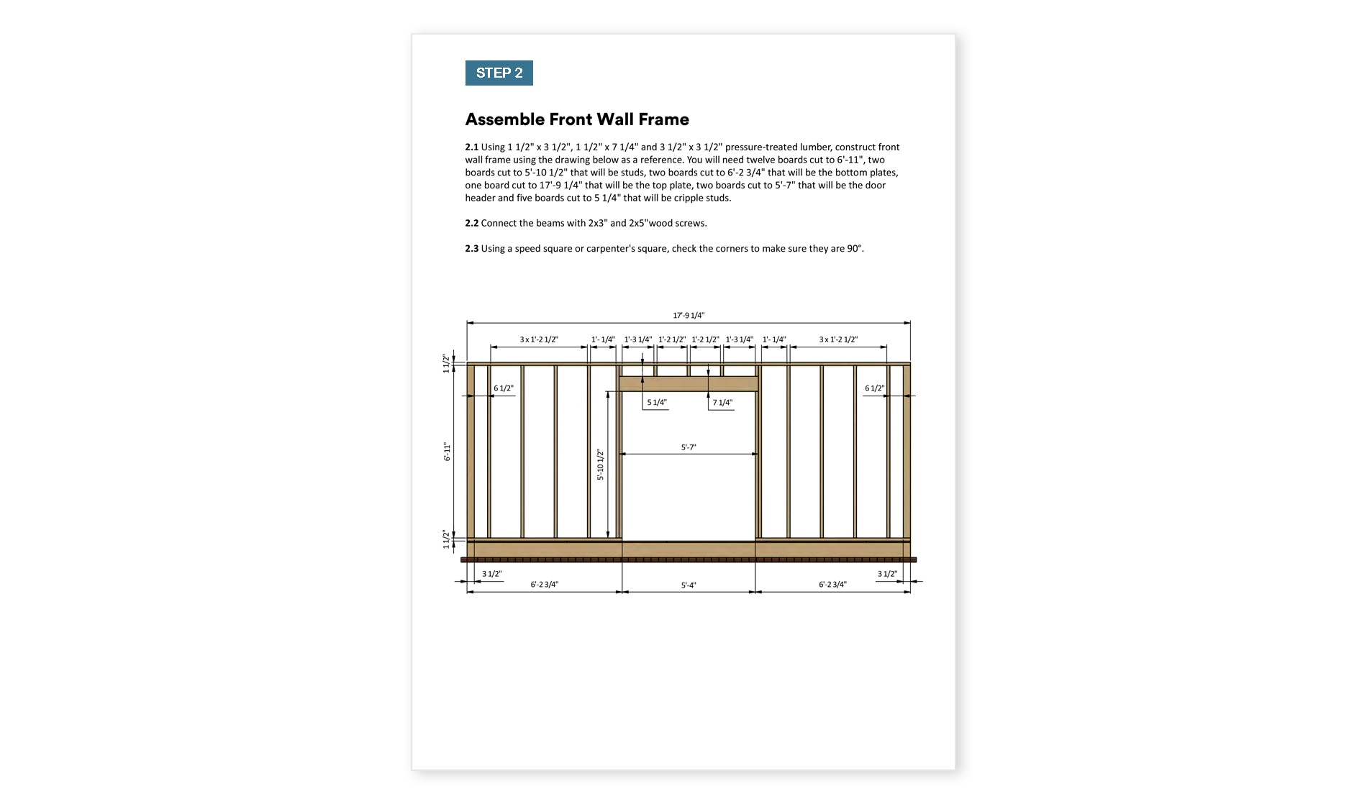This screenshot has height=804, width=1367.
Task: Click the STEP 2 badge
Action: pyautogui.click(x=499, y=73)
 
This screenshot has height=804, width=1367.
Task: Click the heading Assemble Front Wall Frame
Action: pyautogui.click(x=577, y=119)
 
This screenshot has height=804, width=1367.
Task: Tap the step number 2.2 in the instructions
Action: pyautogui.click(x=471, y=224)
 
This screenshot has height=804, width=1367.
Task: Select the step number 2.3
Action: pyautogui.click(x=471, y=249)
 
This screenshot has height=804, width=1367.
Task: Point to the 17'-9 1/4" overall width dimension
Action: pyautogui.click(x=689, y=316)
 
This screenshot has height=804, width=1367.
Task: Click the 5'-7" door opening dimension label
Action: pyautogui.click(x=689, y=447)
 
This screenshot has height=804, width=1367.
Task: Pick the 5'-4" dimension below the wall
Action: pyautogui.click(x=689, y=585)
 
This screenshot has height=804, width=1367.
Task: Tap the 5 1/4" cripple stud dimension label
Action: pyautogui.click(x=657, y=403)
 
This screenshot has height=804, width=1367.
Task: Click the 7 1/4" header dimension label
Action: pyautogui.click(x=722, y=403)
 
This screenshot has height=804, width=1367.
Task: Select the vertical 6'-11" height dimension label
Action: pyautogui.click(x=447, y=452)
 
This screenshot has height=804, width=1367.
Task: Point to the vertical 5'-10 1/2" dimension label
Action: pyautogui.click(x=600, y=465)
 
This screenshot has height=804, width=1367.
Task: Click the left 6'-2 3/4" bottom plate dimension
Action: pyautogui.click(x=544, y=585)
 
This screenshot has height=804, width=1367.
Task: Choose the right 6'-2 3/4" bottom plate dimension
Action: pyautogui.click(x=832, y=585)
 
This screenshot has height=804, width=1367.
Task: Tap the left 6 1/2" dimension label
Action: pyautogui.click(x=503, y=388)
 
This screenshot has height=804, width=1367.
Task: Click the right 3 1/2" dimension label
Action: pyautogui.click(x=887, y=574)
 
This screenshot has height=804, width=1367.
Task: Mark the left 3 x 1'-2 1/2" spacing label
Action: pyautogui.click(x=539, y=339)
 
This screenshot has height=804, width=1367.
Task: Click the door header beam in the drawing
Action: pyautogui.click(x=689, y=383)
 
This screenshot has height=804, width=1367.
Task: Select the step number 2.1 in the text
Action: pyautogui.click(x=471, y=147)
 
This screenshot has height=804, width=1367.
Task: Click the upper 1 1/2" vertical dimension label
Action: pyautogui.click(x=446, y=363)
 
